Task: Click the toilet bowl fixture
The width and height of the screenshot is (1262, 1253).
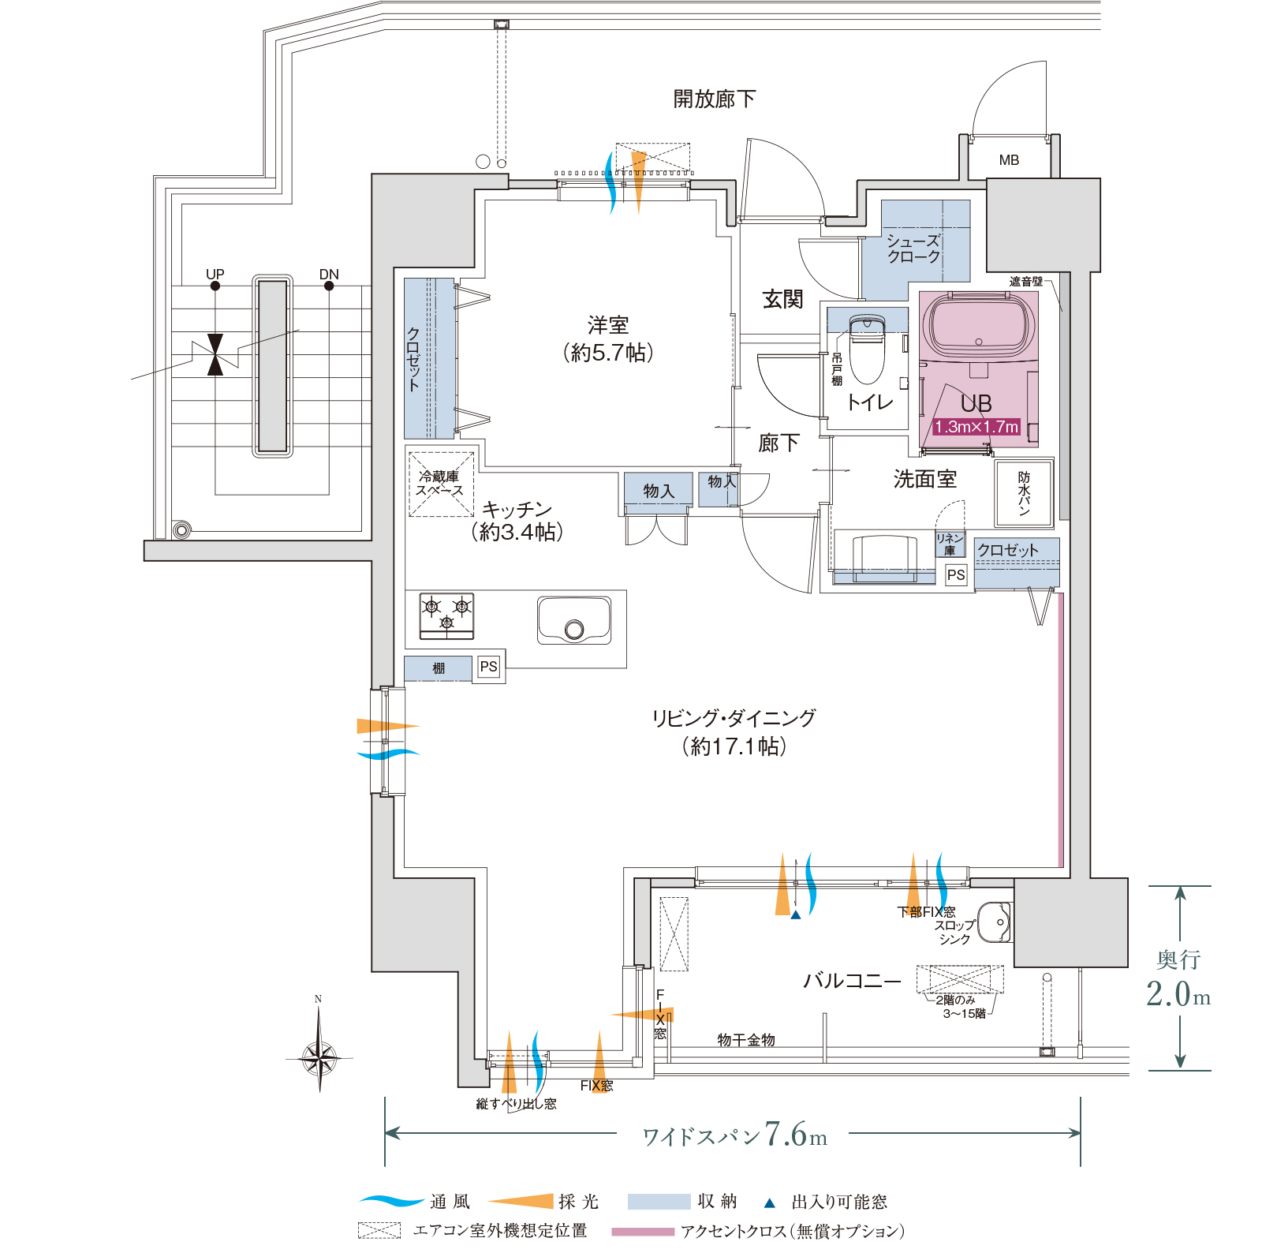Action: pyautogui.click(x=867, y=347)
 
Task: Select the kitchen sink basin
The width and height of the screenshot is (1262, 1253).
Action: pyautogui.click(x=574, y=619)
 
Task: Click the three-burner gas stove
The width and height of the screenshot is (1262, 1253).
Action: pyautogui.click(x=446, y=615)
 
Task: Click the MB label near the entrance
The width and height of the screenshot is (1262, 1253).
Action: pyautogui.click(x=1009, y=160)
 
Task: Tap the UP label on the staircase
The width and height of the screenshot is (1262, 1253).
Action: pyautogui.click(x=215, y=274)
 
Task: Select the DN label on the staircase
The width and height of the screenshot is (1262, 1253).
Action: pyautogui.click(x=329, y=274)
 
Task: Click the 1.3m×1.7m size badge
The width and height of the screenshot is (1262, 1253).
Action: pyautogui.click(x=976, y=427)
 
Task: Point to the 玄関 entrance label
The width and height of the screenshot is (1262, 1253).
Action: pyautogui.click(x=782, y=299)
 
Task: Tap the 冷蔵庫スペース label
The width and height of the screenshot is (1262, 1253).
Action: pyautogui.click(x=440, y=483)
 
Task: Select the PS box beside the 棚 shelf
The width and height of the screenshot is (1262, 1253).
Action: pyautogui.click(x=489, y=667)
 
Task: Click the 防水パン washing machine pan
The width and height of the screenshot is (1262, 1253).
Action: pyautogui.click(x=1024, y=493)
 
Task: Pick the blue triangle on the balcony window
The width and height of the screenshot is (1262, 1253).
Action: pyautogui.click(x=796, y=915)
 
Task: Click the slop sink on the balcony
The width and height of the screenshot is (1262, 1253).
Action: pyautogui.click(x=995, y=921)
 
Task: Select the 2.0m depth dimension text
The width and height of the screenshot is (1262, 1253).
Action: pyautogui.click(x=1178, y=993)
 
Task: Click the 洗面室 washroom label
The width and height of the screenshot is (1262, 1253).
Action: pyautogui.click(x=925, y=479)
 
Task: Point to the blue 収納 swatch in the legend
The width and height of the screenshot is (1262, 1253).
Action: pyautogui.click(x=659, y=1202)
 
